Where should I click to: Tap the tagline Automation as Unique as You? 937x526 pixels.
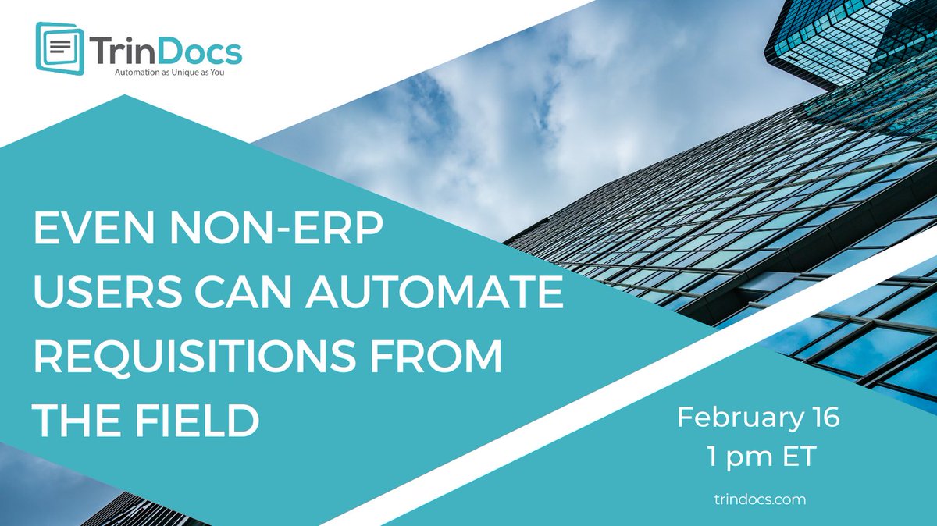(165, 74)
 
